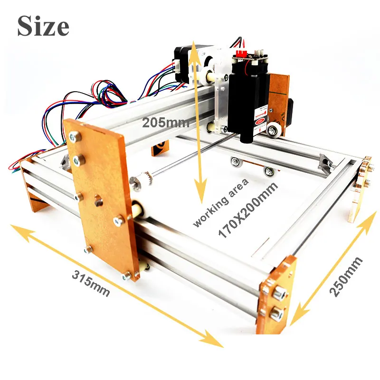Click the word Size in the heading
[x=43, y=26]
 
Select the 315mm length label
[x=91, y=283]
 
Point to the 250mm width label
[x=346, y=276]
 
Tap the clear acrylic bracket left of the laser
[x=219, y=102]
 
